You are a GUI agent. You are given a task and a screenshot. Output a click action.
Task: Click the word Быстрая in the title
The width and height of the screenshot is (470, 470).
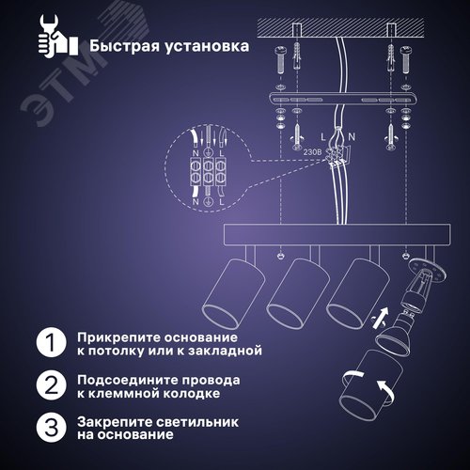coord(123,44)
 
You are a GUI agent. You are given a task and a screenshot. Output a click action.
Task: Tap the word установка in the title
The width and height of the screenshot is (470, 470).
coord(206,44)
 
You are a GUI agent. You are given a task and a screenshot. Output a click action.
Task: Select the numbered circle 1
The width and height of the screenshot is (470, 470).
coord(47,342)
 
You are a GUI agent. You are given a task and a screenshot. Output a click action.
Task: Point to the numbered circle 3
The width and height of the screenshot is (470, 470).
coord(47,430)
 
